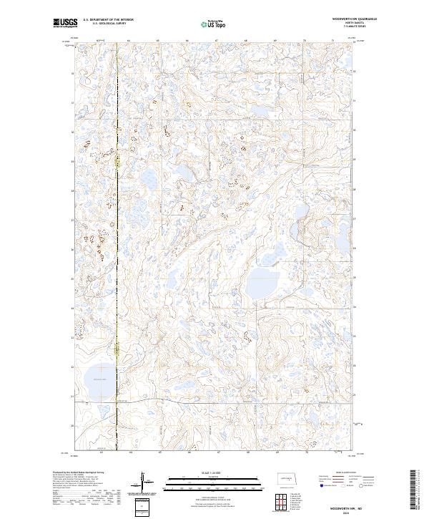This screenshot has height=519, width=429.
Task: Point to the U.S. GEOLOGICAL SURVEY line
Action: (104, 23)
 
